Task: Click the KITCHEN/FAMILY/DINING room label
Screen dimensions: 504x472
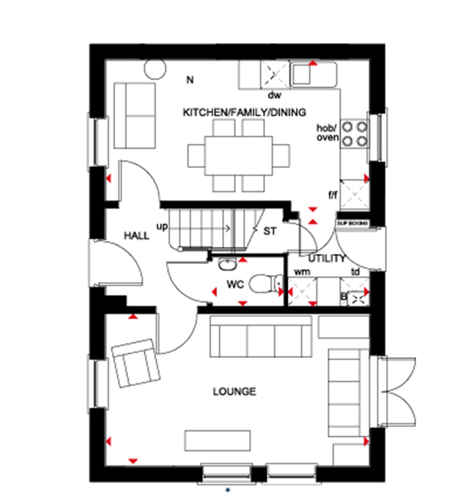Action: pyautogui.click(x=244, y=113)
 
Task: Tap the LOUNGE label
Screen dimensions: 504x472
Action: pyautogui.click(x=234, y=392)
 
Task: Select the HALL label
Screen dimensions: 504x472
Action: pyautogui.click(x=136, y=236)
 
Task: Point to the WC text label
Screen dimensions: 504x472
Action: pyautogui.click(x=235, y=285)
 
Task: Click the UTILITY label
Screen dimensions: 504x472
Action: pyautogui.click(x=327, y=259)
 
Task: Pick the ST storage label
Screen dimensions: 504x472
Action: pyautogui.click(x=270, y=231)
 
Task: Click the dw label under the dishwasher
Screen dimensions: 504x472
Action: pyautogui.click(x=275, y=95)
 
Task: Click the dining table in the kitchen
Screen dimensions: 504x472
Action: pyautogui.click(x=238, y=155)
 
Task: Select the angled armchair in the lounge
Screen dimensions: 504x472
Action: pyautogui.click(x=136, y=362)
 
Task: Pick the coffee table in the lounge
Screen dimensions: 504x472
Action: pyautogui.click(x=218, y=441)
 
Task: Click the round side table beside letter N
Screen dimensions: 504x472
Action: pyautogui.click(x=155, y=69)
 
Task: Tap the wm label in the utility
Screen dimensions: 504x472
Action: pyautogui.click(x=302, y=272)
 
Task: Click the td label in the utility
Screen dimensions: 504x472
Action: pyautogui.click(x=355, y=272)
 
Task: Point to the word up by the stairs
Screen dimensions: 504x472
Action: pyautogui.click(x=162, y=227)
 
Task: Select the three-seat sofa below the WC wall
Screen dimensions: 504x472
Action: pyautogui.click(x=261, y=337)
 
